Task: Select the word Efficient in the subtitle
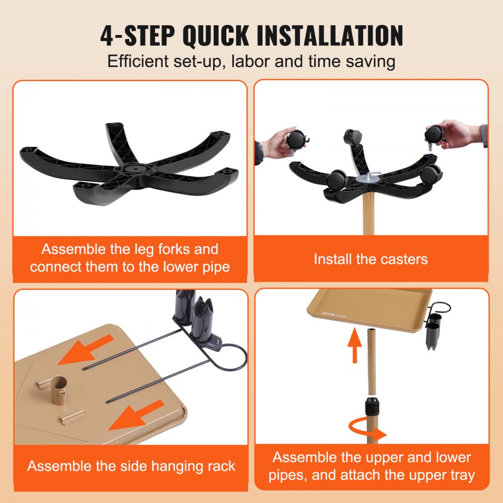pyautogui.click(x=138, y=61)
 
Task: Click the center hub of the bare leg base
pyautogui.click(x=134, y=169)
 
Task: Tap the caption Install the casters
pyautogui.click(x=371, y=259)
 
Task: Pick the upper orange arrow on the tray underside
pyautogui.click(x=86, y=350)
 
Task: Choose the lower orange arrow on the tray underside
pyautogui.click(x=136, y=415)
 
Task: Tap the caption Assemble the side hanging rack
pyautogui.click(x=131, y=466)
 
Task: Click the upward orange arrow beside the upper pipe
pyautogui.click(x=355, y=345)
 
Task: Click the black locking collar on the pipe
pyautogui.click(x=372, y=405)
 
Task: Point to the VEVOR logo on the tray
pyautogui.click(x=328, y=313)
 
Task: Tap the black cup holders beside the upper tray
pyautogui.click(x=435, y=330)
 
